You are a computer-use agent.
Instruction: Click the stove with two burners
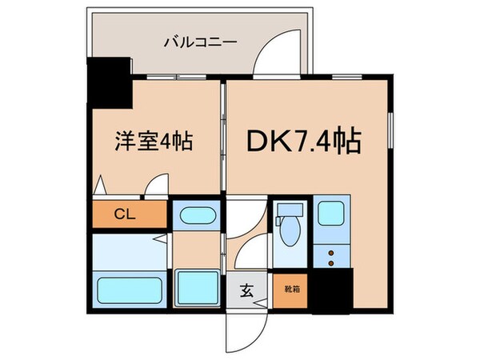pyautogui.click(x=330, y=256)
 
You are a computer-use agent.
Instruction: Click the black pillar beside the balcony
pyautogui.click(x=109, y=84)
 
